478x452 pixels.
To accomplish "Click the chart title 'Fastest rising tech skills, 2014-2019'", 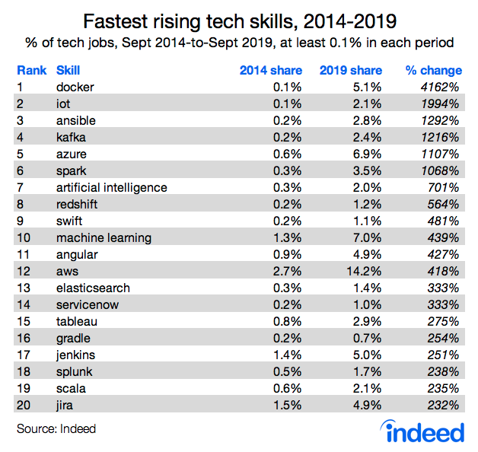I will click(x=238, y=19).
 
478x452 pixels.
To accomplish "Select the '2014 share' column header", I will click(x=270, y=70).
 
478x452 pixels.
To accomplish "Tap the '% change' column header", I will click(x=432, y=70).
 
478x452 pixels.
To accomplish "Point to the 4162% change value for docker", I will click(x=440, y=87).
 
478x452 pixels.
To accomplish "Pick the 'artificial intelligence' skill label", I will click(x=111, y=187).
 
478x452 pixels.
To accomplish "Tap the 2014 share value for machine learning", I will click(x=288, y=237).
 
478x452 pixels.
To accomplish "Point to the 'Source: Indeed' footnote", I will click(x=56, y=429).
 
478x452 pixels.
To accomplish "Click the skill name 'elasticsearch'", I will click(x=93, y=288).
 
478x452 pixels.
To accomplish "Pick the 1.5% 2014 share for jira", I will click(x=288, y=405).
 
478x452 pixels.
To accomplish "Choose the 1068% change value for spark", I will click(x=440, y=170).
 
